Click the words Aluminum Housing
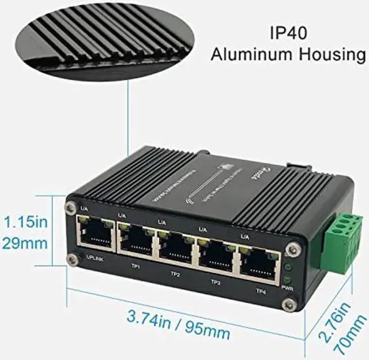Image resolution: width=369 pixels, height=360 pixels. (288, 55)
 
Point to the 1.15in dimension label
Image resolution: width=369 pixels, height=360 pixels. (26, 222)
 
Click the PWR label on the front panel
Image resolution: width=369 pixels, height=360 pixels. (288, 287)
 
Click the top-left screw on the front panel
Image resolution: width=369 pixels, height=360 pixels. (70, 206)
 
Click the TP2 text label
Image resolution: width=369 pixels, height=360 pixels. (175, 274)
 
